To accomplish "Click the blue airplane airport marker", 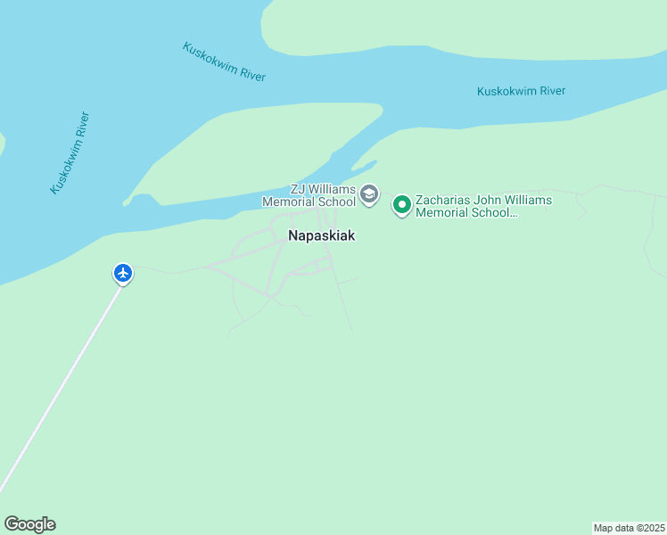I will (x=123, y=273).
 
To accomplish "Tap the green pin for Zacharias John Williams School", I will (x=402, y=205).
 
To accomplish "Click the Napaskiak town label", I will (x=322, y=236).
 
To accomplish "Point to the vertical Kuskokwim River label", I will (x=70, y=152).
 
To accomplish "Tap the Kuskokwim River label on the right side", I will (x=521, y=91).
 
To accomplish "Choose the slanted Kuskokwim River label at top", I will (x=224, y=62).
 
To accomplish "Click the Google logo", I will (x=29, y=524).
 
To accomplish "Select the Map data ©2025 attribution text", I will (x=629, y=528).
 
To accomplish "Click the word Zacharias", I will (x=445, y=200).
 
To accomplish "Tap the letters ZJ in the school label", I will (x=298, y=189).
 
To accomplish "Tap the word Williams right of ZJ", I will (x=331, y=189).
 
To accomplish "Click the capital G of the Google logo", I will (x=12, y=524).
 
